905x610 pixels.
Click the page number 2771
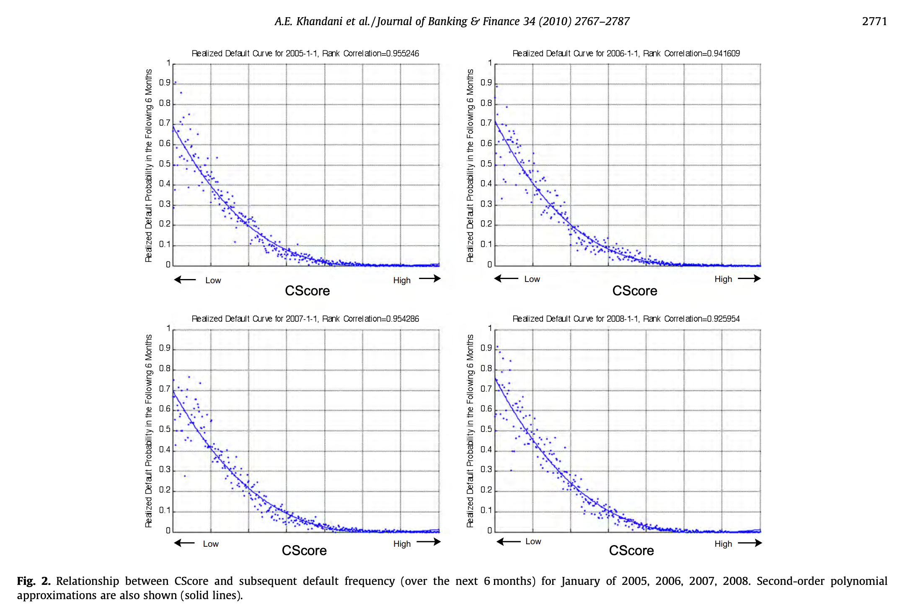(874, 21)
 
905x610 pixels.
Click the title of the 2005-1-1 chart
(305, 54)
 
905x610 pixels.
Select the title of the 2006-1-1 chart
(626, 54)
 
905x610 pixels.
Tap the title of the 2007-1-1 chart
(305, 319)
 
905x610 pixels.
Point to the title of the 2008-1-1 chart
(626, 319)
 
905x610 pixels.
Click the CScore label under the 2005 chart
(307, 291)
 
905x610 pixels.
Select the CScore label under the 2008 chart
(631, 551)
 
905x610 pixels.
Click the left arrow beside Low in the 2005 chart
(185, 279)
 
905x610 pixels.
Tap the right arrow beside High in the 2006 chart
(749, 279)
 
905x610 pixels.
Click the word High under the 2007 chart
(402, 544)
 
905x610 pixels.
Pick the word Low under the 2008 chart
(533, 541)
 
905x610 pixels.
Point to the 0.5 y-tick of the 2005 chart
(165, 164)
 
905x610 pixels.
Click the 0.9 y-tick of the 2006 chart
(486, 83)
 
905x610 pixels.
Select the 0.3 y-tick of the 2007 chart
(165, 470)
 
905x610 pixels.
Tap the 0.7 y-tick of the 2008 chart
(486, 389)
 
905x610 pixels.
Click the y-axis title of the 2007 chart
(148, 431)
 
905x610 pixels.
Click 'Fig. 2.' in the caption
(34, 581)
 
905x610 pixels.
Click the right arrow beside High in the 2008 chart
(750, 543)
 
